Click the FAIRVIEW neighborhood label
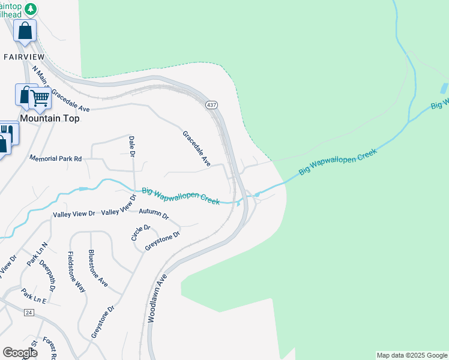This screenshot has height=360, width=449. click(25, 56)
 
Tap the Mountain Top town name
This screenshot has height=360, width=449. click(50, 118)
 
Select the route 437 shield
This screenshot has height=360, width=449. click(211, 105)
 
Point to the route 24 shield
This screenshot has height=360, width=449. click(28, 313)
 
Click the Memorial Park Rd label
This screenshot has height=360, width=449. click(55, 158)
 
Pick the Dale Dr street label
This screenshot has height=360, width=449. click(131, 147)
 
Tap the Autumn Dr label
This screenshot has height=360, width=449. click(154, 214)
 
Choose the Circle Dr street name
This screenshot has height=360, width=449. click(140, 232)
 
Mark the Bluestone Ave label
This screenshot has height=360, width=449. click(98, 268)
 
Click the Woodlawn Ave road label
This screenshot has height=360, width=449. click(155, 299)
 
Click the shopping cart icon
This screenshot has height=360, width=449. click(40, 98)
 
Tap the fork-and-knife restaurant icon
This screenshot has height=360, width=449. click(7, 131)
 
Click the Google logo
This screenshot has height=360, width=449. click(20, 353)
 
